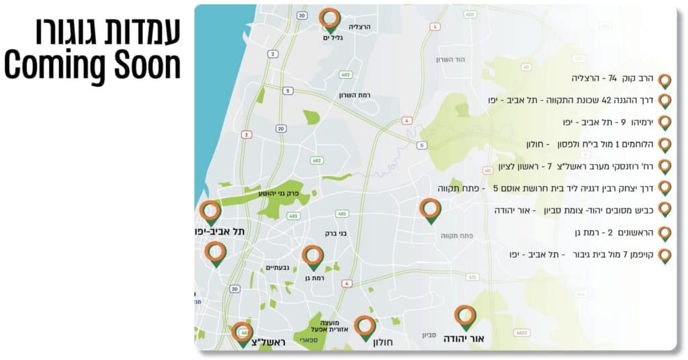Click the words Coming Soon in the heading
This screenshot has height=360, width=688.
pyautogui.click(x=93, y=65)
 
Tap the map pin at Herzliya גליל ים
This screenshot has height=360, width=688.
pyautogui.click(x=329, y=20)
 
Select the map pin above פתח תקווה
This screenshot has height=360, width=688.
pyautogui.click(x=430, y=210)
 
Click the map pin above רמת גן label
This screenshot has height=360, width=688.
pyautogui.click(x=312, y=257)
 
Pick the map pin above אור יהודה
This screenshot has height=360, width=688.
pyautogui.click(x=465, y=317)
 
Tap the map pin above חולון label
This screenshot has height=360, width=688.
pyautogui.click(x=365, y=328)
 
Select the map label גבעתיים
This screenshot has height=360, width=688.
pyautogui.click(x=277, y=267)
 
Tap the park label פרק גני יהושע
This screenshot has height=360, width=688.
pyautogui.click(x=278, y=193)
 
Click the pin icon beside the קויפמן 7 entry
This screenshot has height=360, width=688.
pyautogui.click(x=664, y=256)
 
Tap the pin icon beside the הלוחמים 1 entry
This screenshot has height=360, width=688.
pyautogui.click(x=664, y=145)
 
